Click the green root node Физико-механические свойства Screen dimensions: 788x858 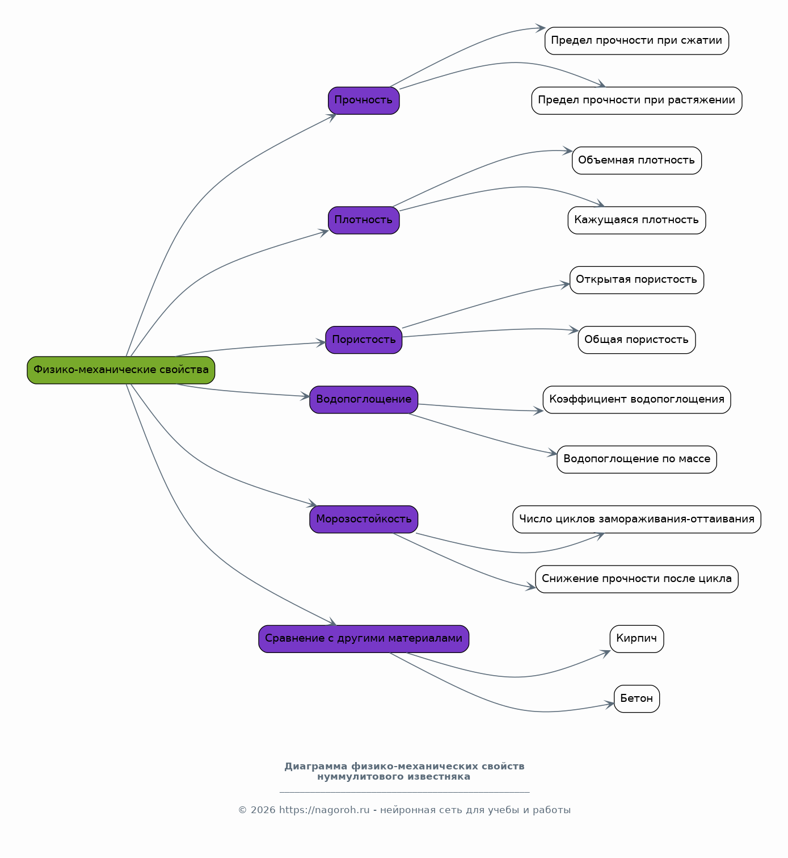click(x=121, y=370)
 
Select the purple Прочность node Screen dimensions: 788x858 click(x=364, y=101)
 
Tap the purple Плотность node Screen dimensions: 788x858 click(x=364, y=220)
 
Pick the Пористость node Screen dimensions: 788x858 click(x=364, y=340)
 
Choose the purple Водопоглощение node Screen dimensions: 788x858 click(x=364, y=400)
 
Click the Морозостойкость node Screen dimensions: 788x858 click(x=364, y=519)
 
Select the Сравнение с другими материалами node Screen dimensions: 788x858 click(x=364, y=639)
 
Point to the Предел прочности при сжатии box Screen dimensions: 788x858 click(x=637, y=41)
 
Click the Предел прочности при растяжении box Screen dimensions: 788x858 click(x=637, y=101)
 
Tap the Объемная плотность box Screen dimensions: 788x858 click(x=637, y=160)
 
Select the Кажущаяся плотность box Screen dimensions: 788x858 click(x=637, y=220)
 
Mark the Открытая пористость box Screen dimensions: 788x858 click(x=637, y=280)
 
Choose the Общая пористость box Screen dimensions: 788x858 click(x=637, y=340)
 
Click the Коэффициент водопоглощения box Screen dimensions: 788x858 click(x=637, y=400)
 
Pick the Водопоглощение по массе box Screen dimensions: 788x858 click(x=637, y=460)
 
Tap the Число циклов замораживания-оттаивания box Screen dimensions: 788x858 click(x=637, y=519)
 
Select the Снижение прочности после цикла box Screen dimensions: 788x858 click(x=637, y=579)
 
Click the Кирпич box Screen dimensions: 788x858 click(x=637, y=639)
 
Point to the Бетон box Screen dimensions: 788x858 click(x=637, y=699)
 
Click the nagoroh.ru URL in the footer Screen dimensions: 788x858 click(x=325, y=810)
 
